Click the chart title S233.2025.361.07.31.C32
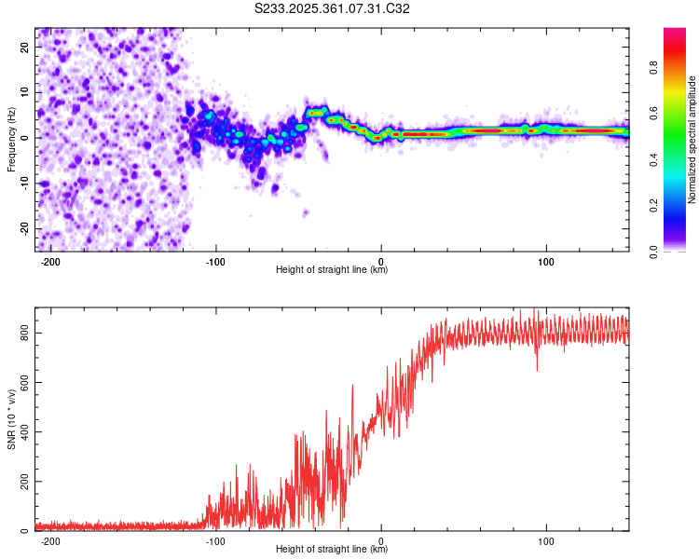(x=333, y=9)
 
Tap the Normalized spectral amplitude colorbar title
(x=692, y=140)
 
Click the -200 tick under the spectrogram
(x=50, y=262)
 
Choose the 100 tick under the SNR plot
(x=546, y=541)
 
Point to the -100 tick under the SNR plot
(x=216, y=541)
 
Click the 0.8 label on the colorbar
(x=654, y=68)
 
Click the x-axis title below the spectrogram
(x=332, y=270)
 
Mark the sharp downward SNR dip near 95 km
(x=537, y=369)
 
